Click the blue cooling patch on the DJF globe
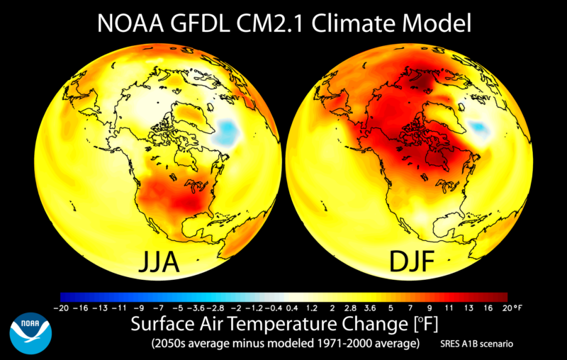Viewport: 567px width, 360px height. [479, 128]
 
